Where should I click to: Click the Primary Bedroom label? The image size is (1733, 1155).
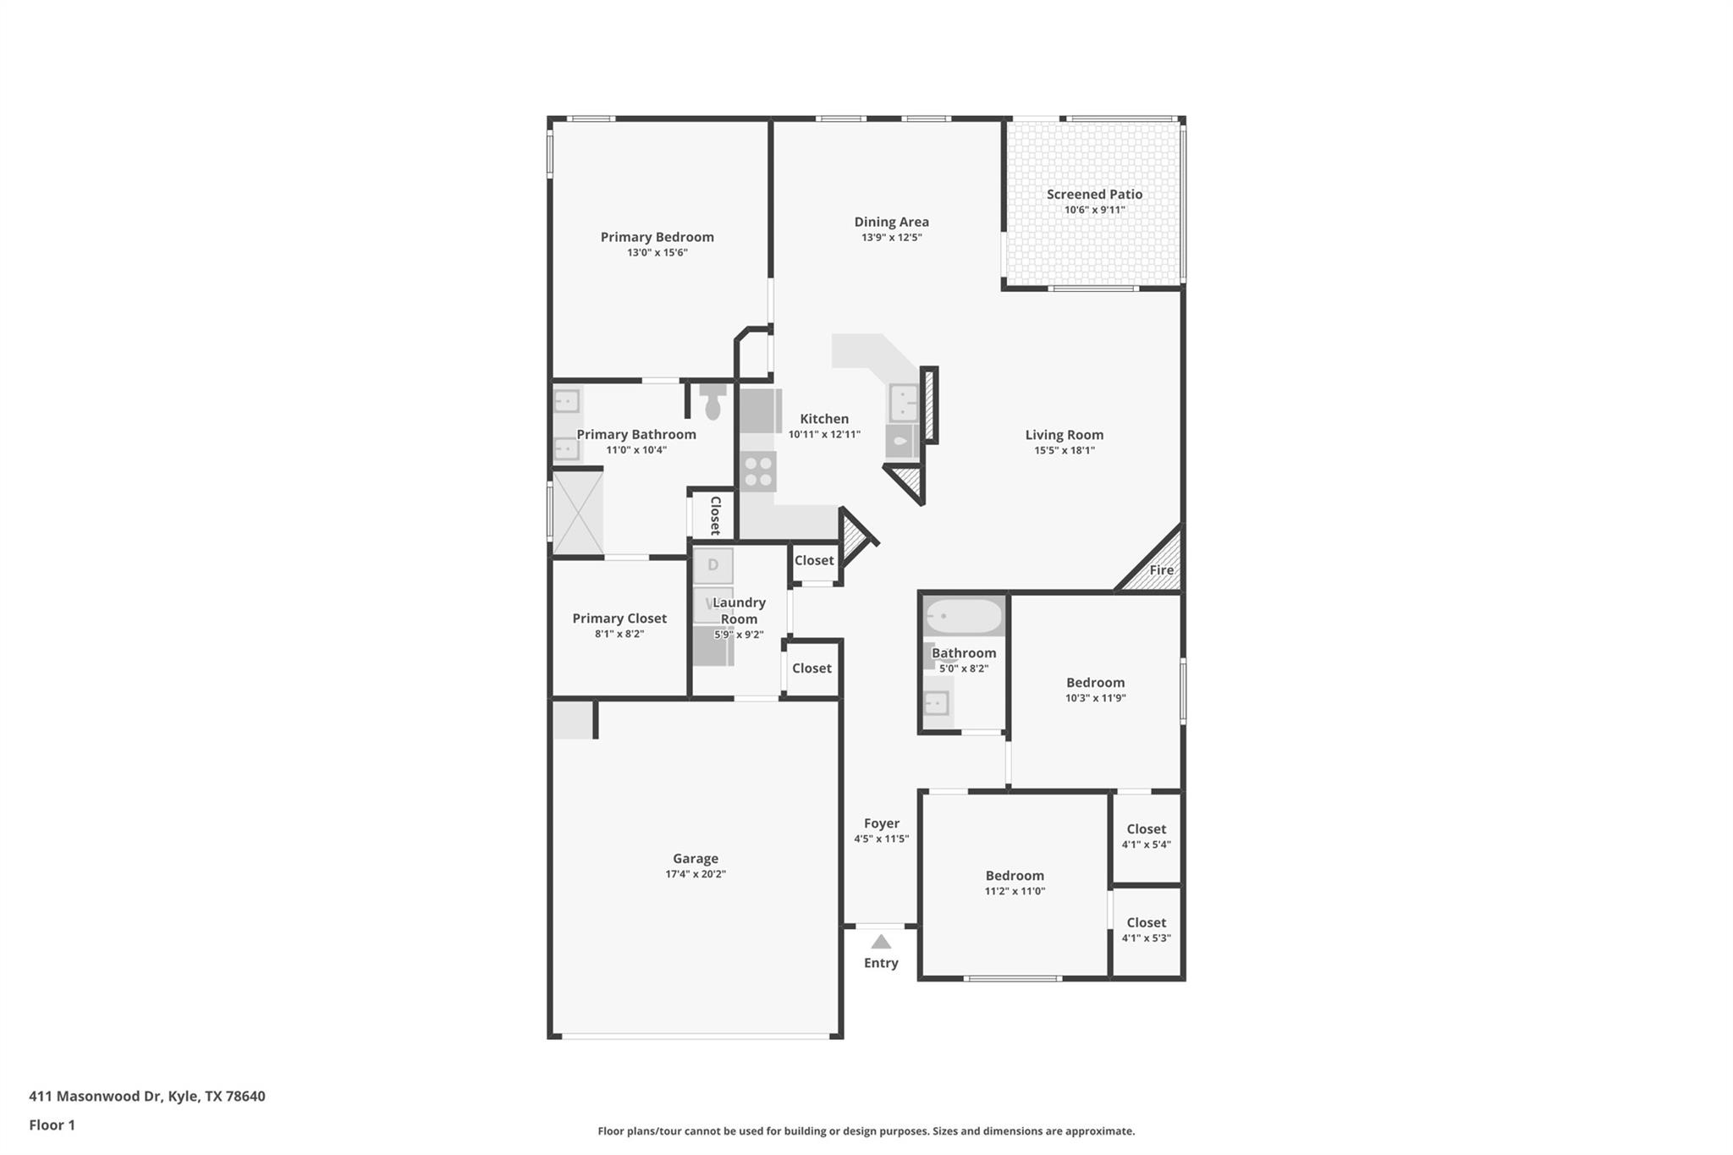[657, 237]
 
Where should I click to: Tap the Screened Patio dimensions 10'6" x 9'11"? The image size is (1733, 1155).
[1094, 210]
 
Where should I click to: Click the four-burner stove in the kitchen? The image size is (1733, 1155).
[757, 471]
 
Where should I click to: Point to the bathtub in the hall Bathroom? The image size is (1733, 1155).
[963, 616]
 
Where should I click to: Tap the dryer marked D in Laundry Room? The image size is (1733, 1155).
[712, 565]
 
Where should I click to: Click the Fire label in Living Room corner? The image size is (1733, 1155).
[1161, 569]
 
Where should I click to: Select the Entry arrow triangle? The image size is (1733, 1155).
[881, 942]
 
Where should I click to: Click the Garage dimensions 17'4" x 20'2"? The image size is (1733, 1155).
[695, 874]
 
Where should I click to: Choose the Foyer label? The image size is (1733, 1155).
[881, 823]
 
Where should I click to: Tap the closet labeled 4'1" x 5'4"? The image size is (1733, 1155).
[1146, 836]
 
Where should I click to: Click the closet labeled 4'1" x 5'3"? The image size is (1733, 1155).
[1146, 929]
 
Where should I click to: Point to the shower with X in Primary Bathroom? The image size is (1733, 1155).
[578, 513]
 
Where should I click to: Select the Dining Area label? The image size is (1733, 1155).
[891, 222]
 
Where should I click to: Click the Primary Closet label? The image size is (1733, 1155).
[619, 619]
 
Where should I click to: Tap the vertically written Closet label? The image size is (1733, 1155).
[714, 515]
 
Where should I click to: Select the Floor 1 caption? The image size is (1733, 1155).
[52, 1125]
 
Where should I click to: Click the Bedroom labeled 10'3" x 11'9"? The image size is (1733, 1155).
[1095, 690]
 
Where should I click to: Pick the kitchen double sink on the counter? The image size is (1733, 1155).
[903, 403]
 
